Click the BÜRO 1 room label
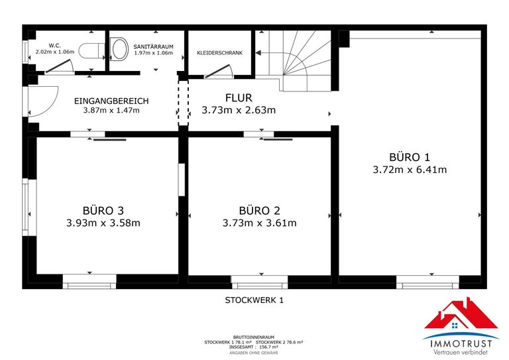[x=410, y=157]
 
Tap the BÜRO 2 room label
[x=259, y=210]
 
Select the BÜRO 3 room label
[x=103, y=210]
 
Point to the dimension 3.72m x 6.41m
[x=410, y=170]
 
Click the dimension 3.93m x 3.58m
[x=103, y=223]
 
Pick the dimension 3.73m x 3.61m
[x=259, y=223]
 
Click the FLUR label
[x=238, y=97]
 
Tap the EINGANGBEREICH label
[x=111, y=101]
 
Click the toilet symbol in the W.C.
[x=89, y=50]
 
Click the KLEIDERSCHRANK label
[x=220, y=52]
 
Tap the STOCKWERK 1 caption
[x=254, y=300]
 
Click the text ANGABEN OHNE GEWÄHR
[x=254, y=353]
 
